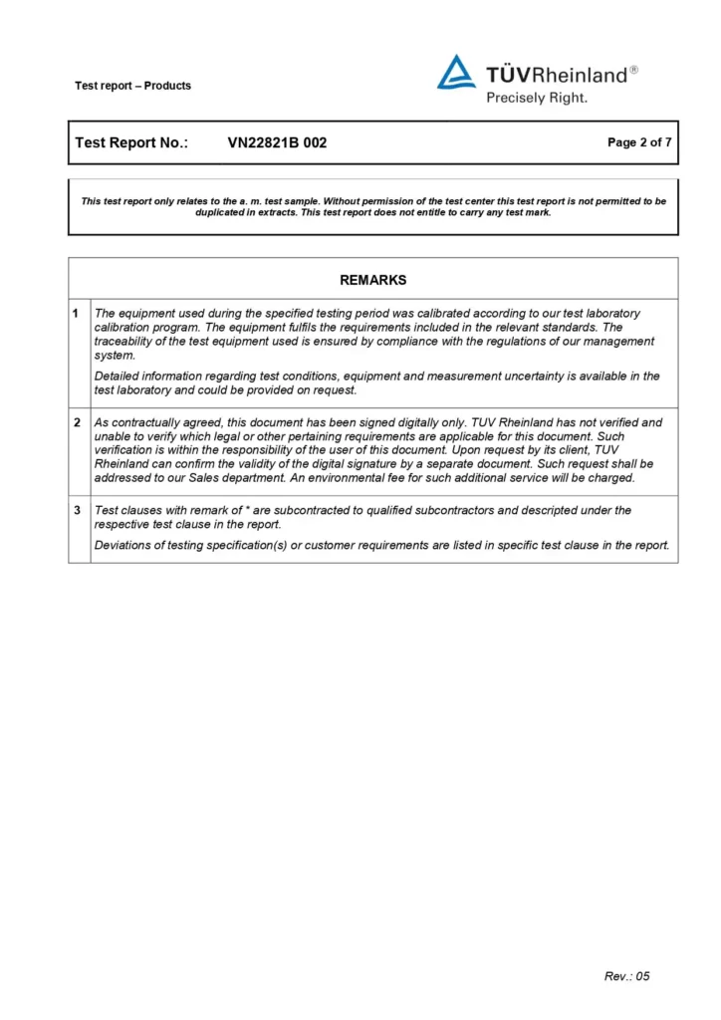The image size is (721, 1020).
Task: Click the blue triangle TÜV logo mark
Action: [x=456, y=73]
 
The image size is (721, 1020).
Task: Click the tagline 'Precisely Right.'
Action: [x=536, y=98]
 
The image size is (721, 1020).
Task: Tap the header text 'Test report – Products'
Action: [x=132, y=86]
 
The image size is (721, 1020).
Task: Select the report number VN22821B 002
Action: [x=277, y=142]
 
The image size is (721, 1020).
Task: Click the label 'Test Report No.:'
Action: [x=131, y=142]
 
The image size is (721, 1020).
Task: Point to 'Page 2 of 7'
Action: [x=639, y=142]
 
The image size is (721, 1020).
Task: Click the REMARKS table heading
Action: [x=372, y=280]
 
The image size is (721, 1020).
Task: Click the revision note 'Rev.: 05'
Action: [x=626, y=976]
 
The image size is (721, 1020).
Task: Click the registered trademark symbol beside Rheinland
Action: [x=634, y=70]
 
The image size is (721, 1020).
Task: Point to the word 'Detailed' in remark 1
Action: [x=118, y=377]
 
